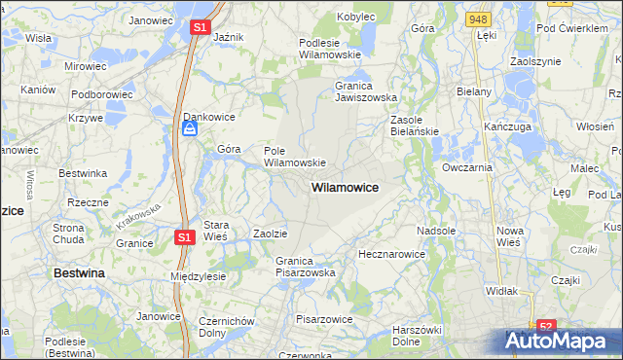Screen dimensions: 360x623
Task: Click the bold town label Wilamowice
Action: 345,186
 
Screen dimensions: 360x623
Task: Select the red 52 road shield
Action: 546,326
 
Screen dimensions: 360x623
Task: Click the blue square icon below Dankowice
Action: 191,128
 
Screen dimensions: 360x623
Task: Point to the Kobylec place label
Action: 356,17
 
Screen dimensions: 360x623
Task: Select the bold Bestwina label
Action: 79,274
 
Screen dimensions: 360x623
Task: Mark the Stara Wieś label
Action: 215,231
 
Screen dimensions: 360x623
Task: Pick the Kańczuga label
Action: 505,127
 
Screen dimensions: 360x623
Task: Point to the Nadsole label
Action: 435,231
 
